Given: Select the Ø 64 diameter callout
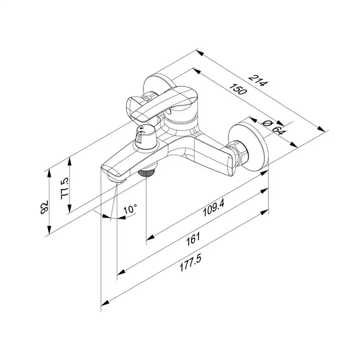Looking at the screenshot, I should click(272, 125).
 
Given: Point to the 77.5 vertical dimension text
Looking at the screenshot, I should click(65, 190).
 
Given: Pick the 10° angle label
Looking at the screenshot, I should click(131, 209).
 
